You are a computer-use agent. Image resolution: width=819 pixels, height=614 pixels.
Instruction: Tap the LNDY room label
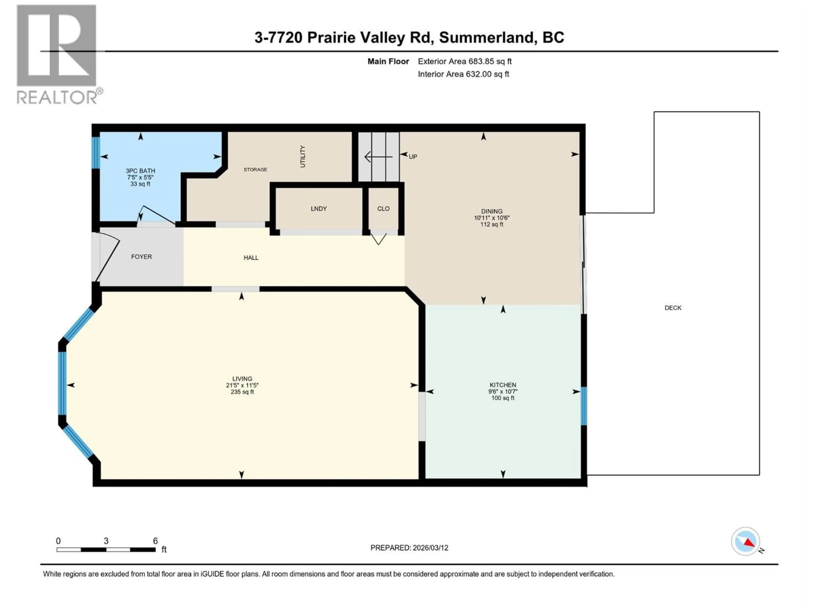coord(318,209)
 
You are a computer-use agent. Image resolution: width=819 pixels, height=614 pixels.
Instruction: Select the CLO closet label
coord(383,209)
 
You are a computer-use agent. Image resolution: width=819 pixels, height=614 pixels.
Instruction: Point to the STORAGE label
coord(255,169)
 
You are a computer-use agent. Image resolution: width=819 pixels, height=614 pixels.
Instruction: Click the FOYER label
coord(141,256)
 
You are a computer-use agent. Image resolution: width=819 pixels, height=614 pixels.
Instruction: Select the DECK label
coord(673,308)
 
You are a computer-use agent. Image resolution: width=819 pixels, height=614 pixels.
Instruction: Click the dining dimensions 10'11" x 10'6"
coord(492,218)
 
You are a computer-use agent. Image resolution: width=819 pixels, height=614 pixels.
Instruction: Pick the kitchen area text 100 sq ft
coord(503,398)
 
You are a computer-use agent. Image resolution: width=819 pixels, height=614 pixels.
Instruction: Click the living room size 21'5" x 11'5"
coord(242,385)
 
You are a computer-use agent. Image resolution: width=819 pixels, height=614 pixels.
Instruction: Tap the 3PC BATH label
coord(140,171)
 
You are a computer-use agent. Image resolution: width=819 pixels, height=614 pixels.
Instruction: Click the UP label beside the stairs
coord(412,156)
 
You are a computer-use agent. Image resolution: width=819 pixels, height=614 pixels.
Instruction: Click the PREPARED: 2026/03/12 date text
coord(409,548)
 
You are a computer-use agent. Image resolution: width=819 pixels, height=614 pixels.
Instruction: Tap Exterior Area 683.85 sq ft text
coord(465,61)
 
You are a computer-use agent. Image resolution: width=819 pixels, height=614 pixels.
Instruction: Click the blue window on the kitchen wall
coord(584,406)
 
